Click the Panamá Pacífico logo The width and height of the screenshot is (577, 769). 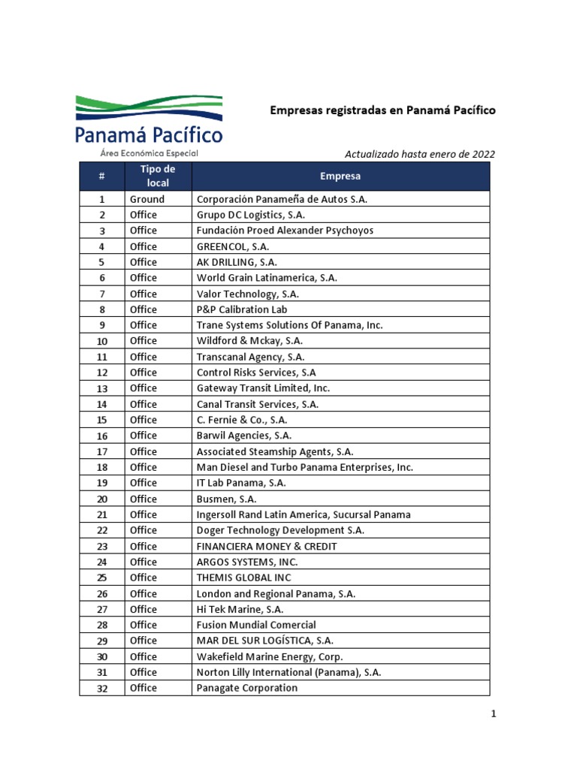(149, 125)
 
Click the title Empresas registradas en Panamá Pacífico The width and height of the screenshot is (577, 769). (382, 110)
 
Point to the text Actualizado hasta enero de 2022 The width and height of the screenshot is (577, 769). (419, 154)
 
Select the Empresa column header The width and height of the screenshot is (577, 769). (340, 176)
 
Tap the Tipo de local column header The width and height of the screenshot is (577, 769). (158, 176)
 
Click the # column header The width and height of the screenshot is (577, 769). (101, 176)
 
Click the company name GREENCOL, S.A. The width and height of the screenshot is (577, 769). (233, 246)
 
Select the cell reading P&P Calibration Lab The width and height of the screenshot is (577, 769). (242, 309)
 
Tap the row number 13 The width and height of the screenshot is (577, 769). (101, 388)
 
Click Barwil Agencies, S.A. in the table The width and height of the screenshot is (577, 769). (244, 436)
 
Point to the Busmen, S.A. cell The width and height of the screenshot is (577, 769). (227, 499)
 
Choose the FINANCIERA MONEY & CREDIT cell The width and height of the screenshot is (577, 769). (267, 546)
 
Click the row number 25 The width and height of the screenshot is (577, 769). (101, 578)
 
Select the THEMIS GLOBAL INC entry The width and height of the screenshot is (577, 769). (243, 578)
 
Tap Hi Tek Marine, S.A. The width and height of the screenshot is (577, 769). (240, 609)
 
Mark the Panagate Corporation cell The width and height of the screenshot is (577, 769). (247, 688)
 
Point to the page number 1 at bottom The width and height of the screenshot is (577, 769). (494, 715)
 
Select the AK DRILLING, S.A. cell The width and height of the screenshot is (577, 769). (237, 262)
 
